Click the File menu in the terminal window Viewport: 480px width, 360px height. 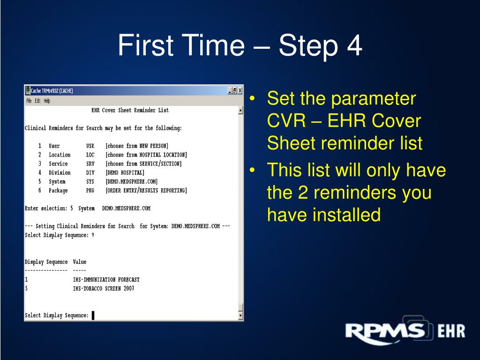29,101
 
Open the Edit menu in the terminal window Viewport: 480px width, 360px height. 37,101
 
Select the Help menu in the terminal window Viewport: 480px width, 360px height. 47,101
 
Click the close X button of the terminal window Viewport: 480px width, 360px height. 240,91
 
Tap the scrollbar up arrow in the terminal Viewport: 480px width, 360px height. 241,111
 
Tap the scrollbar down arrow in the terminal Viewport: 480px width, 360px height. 241,316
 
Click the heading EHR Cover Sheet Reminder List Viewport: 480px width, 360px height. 130,111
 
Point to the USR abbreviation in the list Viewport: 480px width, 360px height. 90,146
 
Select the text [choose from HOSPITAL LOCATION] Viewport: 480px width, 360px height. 146,155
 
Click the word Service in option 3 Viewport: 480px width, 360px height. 58,164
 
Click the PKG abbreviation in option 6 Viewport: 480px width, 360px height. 90,190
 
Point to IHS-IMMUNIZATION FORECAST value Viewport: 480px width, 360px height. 106,280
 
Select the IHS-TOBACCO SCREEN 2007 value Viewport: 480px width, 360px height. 103,289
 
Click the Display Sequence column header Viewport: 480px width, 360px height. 46,262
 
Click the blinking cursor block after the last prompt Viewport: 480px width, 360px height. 93,315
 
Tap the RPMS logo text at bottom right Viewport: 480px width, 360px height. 384,332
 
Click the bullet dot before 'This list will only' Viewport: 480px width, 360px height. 253,170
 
